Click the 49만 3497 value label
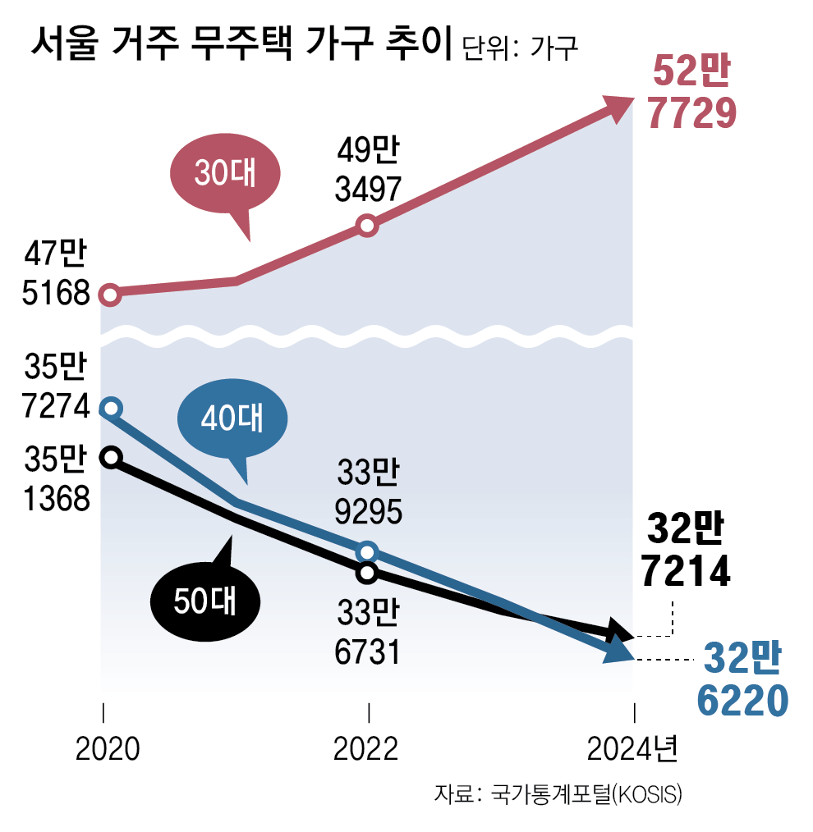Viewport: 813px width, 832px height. click(368, 171)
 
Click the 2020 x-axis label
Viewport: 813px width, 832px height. click(108, 749)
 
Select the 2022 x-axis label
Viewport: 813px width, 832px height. click(367, 749)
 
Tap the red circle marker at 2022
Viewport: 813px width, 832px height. click(368, 226)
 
